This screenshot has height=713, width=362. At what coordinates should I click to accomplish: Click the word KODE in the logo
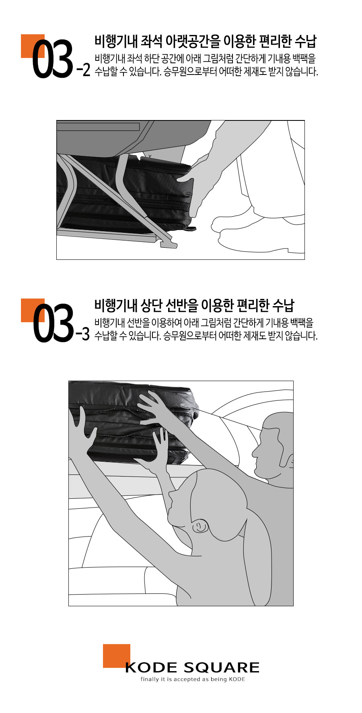pos(151,667)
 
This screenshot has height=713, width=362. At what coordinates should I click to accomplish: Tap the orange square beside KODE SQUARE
pos(117,655)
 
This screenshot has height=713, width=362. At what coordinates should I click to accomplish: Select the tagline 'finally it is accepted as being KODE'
pos(193,679)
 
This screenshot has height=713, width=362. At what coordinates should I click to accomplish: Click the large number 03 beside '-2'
pos(53,59)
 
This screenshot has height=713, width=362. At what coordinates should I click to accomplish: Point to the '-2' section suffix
pos(83,70)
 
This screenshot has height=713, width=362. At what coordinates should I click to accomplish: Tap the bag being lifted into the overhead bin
pos(133,421)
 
